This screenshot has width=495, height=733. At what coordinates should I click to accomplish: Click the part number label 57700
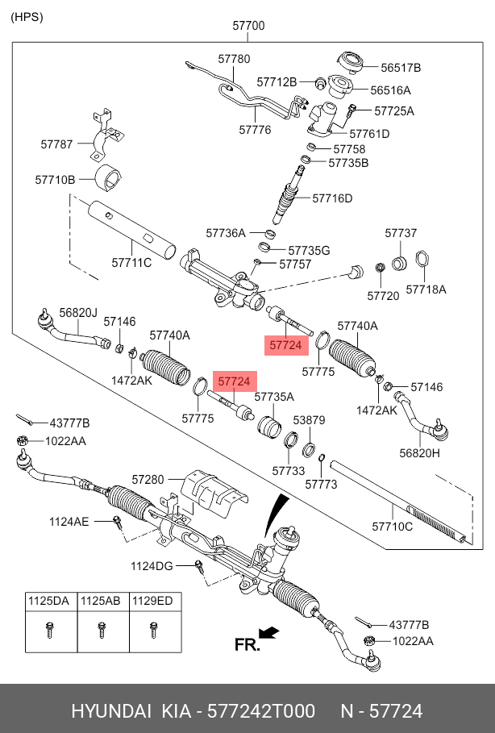click(x=248, y=26)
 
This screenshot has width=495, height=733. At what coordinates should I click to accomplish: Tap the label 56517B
click(x=401, y=68)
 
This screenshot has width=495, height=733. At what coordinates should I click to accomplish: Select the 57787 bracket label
click(x=57, y=144)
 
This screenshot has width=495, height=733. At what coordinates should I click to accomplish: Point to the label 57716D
click(x=332, y=198)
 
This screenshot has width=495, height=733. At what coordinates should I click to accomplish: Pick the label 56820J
click(x=77, y=312)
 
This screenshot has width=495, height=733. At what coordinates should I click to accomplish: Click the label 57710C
click(x=392, y=526)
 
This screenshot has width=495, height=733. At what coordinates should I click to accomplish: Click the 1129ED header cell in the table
click(x=153, y=601)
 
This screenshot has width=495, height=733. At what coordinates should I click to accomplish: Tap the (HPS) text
click(x=27, y=17)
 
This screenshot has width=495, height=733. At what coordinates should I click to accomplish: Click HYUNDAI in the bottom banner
click(x=111, y=711)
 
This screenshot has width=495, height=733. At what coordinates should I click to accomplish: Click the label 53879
click(x=309, y=420)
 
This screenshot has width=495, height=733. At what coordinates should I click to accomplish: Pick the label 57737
click(x=401, y=233)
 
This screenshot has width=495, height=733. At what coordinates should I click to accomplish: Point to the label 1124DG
click(x=152, y=566)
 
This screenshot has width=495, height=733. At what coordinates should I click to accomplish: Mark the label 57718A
click(x=426, y=289)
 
